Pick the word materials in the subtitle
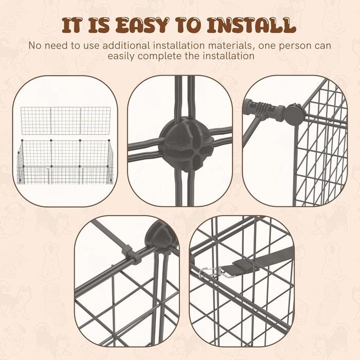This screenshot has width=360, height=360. [229, 45]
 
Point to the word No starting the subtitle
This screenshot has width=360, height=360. [35, 45]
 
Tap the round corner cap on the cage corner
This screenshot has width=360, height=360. [295, 115]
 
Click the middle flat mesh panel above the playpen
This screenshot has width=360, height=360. [65, 120]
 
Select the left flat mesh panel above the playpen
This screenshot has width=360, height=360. [35, 120]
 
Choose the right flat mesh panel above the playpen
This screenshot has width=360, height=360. [95, 120]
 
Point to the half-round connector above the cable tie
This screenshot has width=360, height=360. [160, 237]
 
